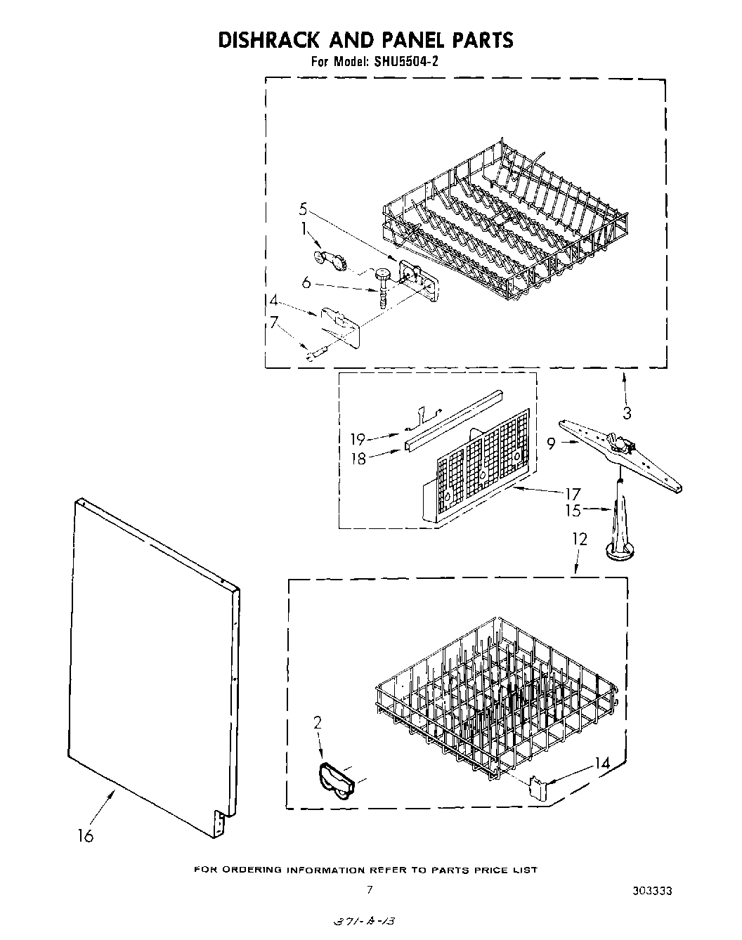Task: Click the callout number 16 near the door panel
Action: point(85,837)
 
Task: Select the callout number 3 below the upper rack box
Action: point(627,413)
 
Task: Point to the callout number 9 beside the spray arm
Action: point(552,443)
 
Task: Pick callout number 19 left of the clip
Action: point(358,440)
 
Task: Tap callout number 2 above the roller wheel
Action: point(317,721)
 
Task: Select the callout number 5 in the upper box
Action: point(303,208)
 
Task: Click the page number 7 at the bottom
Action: point(369,889)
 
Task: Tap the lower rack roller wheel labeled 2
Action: point(336,781)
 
